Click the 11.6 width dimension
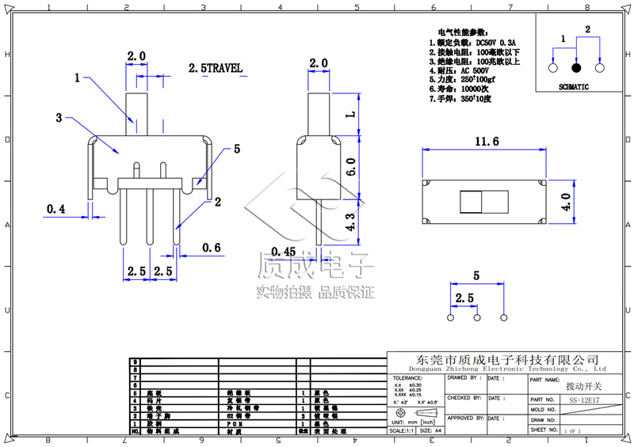point(487,142)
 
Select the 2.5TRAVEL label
point(215,69)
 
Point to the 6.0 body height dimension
point(350,166)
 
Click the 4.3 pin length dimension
point(350,221)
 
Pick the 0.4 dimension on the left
point(56,209)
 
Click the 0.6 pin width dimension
point(212,248)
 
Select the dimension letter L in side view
point(350,114)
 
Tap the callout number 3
point(59,118)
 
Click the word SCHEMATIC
point(574,87)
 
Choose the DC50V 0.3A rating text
point(489,42)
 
